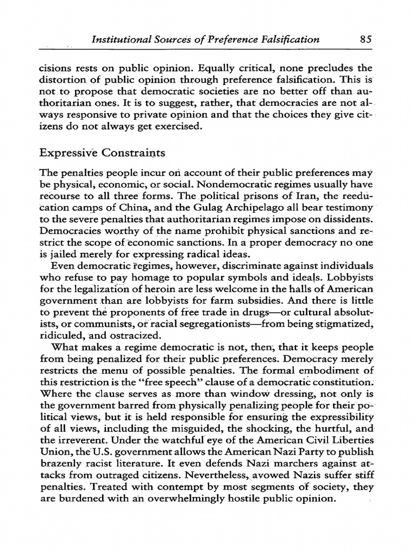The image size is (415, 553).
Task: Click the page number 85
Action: (365, 39)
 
